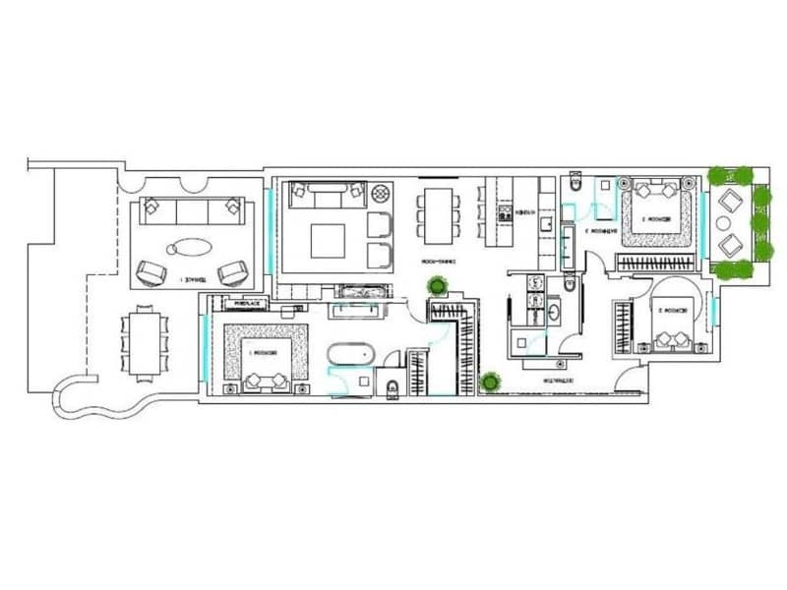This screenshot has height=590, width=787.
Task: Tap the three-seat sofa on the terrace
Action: pos(191,207)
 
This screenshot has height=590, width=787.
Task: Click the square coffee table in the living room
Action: pos(328,239)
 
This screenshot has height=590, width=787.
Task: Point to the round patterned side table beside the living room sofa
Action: pos(353,193)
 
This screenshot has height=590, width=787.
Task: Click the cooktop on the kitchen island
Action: pos(505,210)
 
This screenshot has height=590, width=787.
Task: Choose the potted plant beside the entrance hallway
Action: pos(488,380)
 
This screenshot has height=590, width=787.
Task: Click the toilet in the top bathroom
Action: pos(577,182)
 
